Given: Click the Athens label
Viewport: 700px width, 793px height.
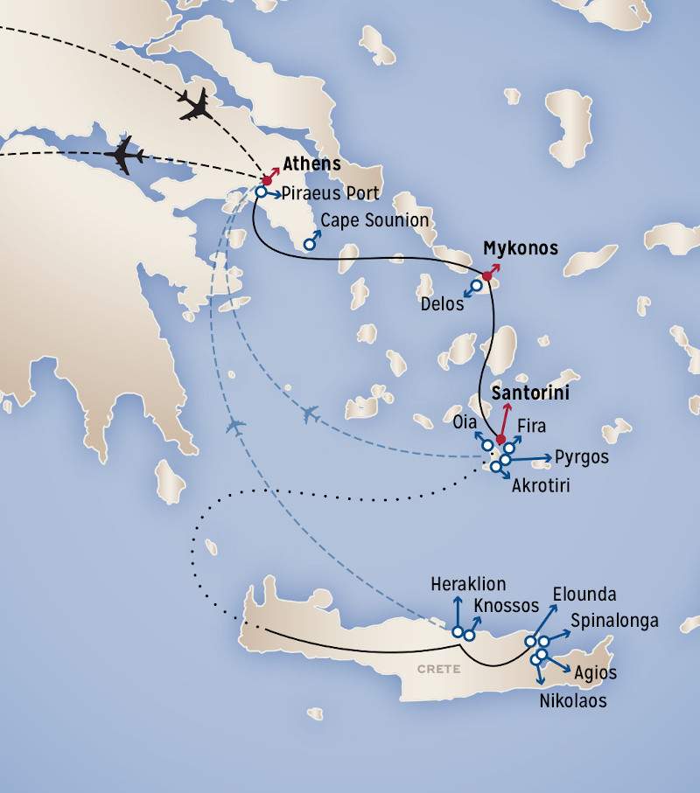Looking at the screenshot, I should [x=311, y=164].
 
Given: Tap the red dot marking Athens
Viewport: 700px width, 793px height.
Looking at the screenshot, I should [x=267, y=180].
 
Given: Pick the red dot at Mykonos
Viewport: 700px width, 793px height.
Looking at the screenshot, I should [x=486, y=275].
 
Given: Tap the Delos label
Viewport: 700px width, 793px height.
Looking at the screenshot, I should [x=441, y=305].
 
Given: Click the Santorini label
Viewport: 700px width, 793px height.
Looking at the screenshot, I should [x=530, y=393].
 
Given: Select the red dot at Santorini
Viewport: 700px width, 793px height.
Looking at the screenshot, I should [x=500, y=439].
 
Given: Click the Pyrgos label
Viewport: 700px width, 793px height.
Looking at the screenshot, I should [x=581, y=456].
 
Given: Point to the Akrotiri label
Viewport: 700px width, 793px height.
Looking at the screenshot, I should [x=541, y=484].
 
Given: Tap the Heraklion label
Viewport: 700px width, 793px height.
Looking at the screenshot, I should [x=469, y=584].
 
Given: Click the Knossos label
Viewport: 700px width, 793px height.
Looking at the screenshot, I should [x=506, y=605].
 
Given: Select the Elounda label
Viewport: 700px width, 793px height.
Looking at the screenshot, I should [x=584, y=595].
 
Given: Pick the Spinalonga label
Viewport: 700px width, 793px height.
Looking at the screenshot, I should [x=613, y=621].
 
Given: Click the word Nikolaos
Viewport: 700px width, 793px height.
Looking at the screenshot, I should [x=572, y=700].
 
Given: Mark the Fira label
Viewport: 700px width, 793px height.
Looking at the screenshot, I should [x=532, y=427].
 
